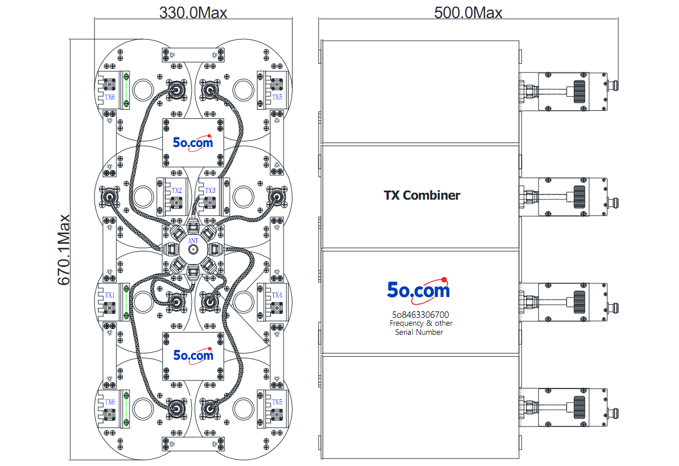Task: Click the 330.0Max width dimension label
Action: click(193, 13)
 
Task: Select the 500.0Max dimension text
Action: click(468, 13)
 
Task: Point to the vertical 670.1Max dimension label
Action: click(63, 249)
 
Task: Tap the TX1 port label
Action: click(110, 295)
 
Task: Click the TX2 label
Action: click(177, 190)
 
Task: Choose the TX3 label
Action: click(210, 190)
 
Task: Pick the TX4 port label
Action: click(277, 295)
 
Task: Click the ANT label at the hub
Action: click(193, 240)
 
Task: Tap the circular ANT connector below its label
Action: click(193, 250)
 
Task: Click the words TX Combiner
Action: click(422, 196)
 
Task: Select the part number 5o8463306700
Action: click(420, 314)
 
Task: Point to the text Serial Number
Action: click(419, 332)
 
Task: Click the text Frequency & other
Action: click(421, 323)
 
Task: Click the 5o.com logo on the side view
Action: click(418, 290)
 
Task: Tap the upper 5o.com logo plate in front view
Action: click(193, 143)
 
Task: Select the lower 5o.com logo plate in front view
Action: click(193, 356)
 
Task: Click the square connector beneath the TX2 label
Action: click(177, 202)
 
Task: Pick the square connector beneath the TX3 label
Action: click(210, 202)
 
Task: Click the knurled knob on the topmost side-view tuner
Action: click(579, 92)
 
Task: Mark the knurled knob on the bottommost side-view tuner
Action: click(579, 408)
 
